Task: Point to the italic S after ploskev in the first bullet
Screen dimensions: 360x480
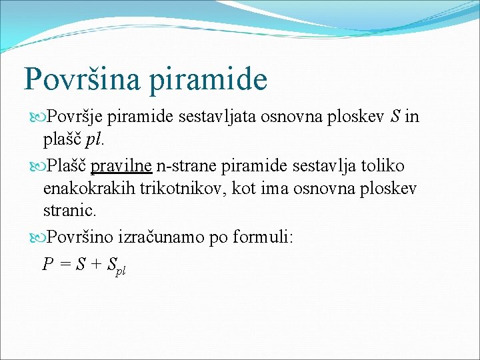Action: (x=395, y=117)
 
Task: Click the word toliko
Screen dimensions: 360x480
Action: (x=381, y=165)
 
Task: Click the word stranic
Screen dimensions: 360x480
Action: (x=69, y=212)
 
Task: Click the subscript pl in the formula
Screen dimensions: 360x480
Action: (x=121, y=271)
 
